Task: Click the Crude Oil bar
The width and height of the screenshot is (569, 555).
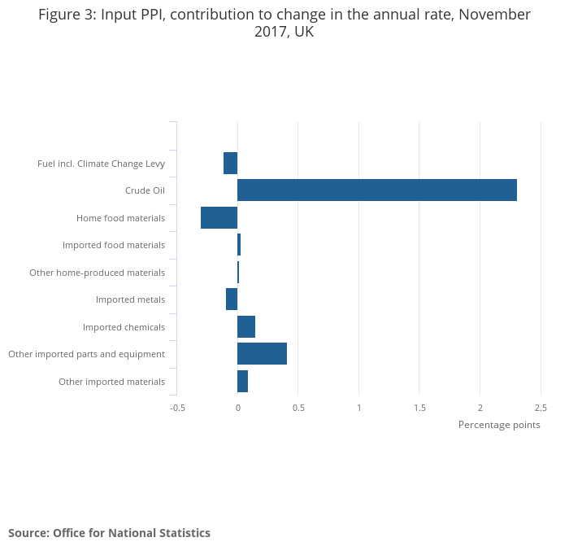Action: (377, 190)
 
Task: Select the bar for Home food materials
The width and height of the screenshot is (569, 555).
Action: (219, 217)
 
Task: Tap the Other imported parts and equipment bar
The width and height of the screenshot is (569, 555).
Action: (262, 354)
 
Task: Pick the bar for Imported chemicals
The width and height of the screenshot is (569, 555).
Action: (246, 326)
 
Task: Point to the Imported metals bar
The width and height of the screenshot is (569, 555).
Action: (232, 299)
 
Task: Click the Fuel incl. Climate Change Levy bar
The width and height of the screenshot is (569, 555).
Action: (231, 163)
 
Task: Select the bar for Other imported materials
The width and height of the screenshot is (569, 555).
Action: (242, 381)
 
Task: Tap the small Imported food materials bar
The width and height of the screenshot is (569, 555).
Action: (239, 245)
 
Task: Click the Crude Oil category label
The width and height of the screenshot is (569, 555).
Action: (145, 190)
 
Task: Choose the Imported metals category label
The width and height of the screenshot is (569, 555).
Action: (130, 299)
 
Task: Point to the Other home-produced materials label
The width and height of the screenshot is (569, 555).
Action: (97, 273)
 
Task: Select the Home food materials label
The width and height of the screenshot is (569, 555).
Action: (120, 218)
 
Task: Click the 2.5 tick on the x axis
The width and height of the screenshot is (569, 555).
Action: (541, 408)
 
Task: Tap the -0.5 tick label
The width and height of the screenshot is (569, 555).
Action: (177, 408)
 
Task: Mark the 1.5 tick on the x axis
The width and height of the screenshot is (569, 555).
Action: (419, 408)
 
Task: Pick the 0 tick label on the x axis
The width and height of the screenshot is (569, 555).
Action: (237, 408)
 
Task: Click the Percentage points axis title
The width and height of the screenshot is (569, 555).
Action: (499, 425)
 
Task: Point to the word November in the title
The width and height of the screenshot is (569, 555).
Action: (492, 15)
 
